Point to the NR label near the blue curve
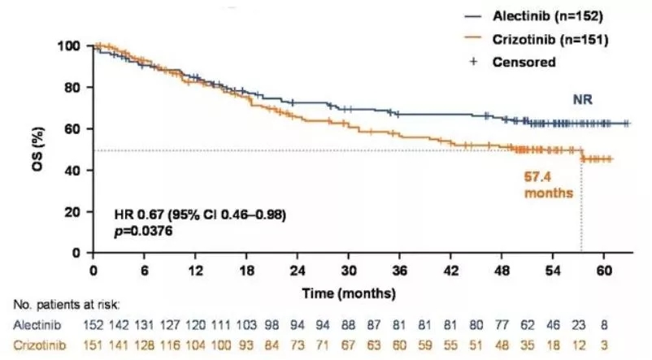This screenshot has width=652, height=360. point(580,100)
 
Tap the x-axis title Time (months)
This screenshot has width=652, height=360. point(349,291)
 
